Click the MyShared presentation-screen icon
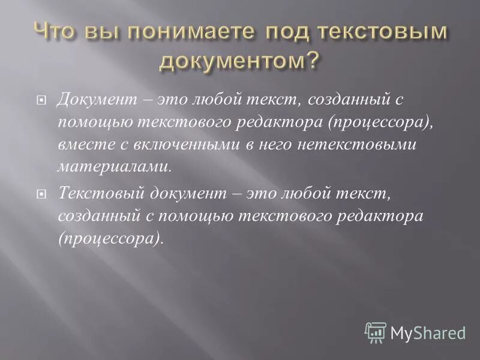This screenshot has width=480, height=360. pyautogui.click(x=376, y=331)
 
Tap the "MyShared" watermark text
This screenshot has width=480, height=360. pyautogui.click(x=428, y=332)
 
